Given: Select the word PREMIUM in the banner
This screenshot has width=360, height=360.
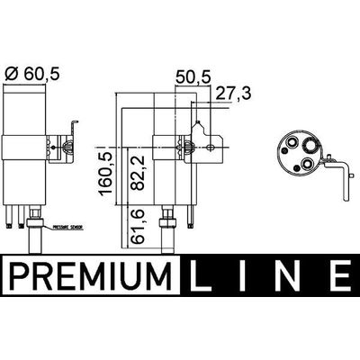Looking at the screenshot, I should pos(89,271).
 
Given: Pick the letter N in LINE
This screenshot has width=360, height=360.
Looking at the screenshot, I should pos(290,271).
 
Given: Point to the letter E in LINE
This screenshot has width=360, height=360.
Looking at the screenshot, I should pos(337,271).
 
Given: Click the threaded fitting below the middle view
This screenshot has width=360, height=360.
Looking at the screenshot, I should pos(166,225).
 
